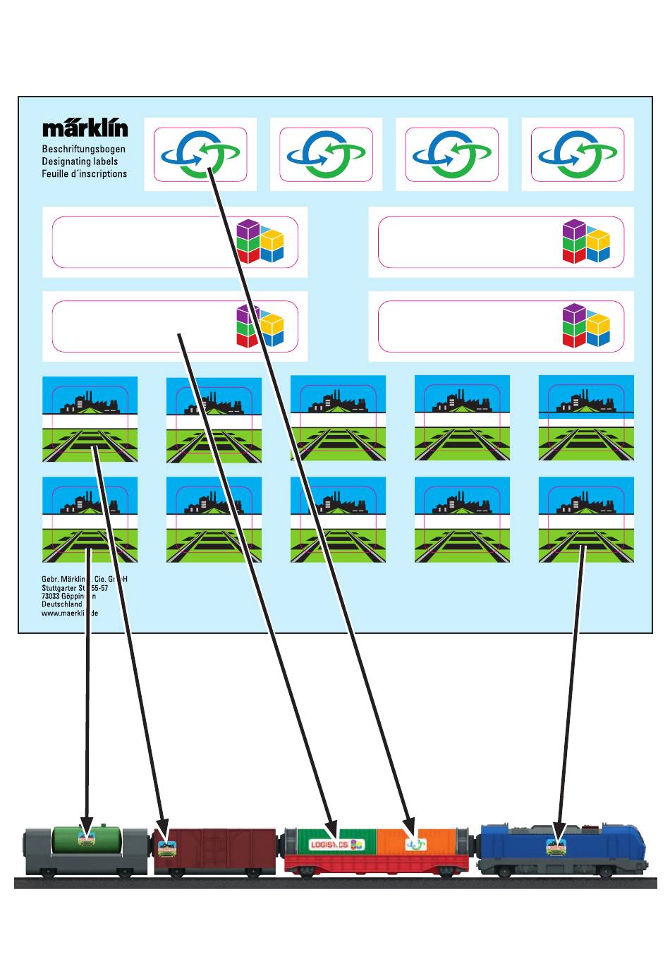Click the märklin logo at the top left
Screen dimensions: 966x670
85,128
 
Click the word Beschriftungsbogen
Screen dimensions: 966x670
83,149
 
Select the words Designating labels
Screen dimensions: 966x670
80,161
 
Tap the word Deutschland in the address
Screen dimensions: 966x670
61,604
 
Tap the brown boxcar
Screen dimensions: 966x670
215,851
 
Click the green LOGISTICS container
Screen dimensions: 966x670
336,843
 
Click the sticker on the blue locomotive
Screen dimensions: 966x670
557,846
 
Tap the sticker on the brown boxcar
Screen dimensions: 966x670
166,846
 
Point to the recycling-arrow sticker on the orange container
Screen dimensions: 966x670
415,843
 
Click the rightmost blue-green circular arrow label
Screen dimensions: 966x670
577,154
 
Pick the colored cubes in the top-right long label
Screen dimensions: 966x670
585,242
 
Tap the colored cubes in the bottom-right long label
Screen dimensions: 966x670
585,326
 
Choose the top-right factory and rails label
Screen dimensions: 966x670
585,418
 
